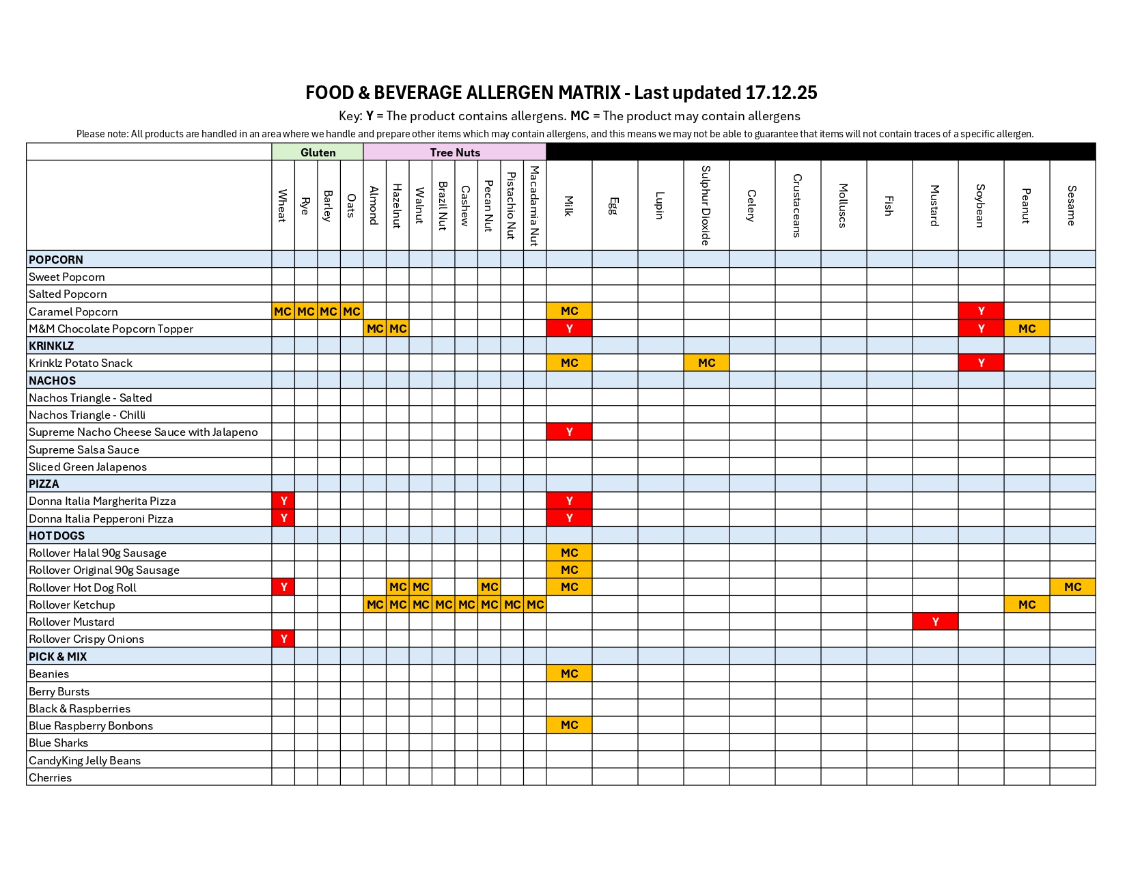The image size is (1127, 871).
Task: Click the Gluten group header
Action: pyautogui.click(x=318, y=152)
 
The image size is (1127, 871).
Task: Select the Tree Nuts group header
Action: pyautogui.click(x=455, y=152)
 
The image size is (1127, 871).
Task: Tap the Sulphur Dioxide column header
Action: pyautogui.click(x=706, y=205)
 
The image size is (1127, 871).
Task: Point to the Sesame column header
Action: pyautogui.click(x=1072, y=205)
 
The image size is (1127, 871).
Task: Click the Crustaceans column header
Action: pyautogui.click(x=798, y=205)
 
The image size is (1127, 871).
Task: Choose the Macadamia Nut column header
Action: pyautogui.click(x=535, y=205)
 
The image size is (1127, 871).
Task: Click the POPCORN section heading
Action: pyautogui.click(x=56, y=260)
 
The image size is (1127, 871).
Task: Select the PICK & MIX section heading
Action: pyautogui.click(x=58, y=656)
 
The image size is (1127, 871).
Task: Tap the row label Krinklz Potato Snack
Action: pyautogui.click(x=81, y=363)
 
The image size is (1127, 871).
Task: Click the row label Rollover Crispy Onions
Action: pyautogui.click(x=87, y=639)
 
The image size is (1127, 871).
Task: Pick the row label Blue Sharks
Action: pyautogui.click(x=59, y=743)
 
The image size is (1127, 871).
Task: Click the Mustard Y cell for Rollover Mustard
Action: pyautogui.click(x=935, y=622)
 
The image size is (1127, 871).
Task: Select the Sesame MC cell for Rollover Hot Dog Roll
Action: pyautogui.click(x=1072, y=587)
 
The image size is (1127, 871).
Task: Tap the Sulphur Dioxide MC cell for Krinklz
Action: pyautogui.click(x=706, y=363)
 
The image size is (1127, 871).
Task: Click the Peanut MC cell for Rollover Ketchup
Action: pyautogui.click(x=1027, y=605)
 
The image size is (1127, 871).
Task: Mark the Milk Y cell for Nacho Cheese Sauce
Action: pyautogui.click(x=569, y=432)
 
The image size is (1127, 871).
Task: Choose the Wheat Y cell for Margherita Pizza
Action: pyautogui.click(x=283, y=501)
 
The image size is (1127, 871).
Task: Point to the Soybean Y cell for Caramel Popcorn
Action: pyautogui.click(x=981, y=311)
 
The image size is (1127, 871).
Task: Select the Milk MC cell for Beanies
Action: pyautogui.click(x=569, y=674)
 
